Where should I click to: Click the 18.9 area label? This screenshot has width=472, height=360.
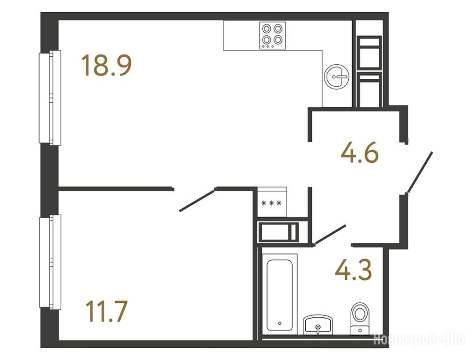pos(107,65)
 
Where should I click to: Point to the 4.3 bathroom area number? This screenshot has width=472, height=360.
pos(354,270)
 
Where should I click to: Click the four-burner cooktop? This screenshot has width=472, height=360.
pos(273,35)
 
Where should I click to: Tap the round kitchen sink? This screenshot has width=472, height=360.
pos(336,76)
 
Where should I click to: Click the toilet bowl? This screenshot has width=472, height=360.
pos(361,313)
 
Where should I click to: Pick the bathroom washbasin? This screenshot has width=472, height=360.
pos(317,325)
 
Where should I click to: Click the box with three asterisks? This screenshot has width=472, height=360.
pos(272,202)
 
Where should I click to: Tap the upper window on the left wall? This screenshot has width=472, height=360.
pos(50,97)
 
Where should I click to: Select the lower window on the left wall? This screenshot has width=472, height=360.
pos(50,262)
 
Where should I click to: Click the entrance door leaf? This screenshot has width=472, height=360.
pos(420,172)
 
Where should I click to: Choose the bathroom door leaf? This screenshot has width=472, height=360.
pos(330,234)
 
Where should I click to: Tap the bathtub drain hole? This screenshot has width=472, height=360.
pos(280,323)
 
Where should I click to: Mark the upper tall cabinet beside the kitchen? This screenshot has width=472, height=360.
pos(369,52)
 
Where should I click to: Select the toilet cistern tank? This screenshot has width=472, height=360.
pos(361,330)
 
